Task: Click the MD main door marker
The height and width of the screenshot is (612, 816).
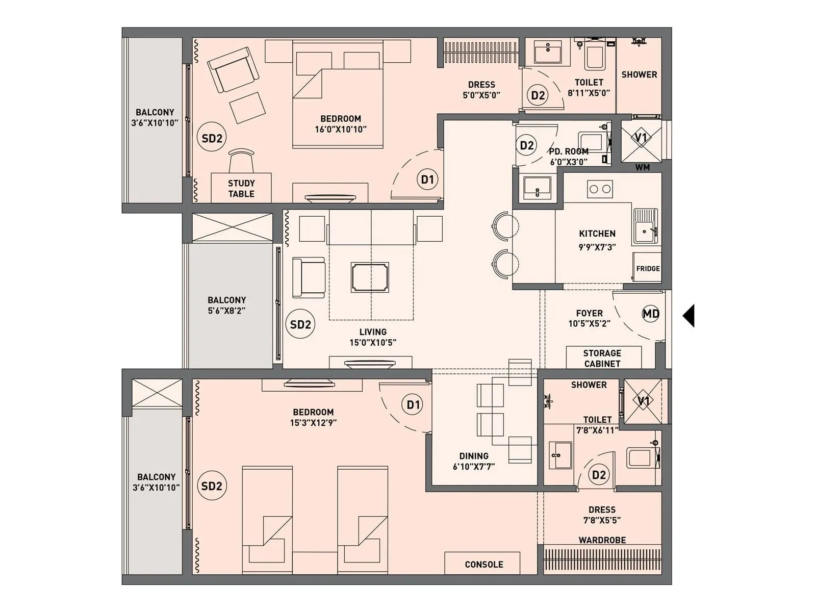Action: [x=651, y=314]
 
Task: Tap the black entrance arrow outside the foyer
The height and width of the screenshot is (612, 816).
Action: [x=689, y=316]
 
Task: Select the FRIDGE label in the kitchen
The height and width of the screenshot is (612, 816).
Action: [x=648, y=269]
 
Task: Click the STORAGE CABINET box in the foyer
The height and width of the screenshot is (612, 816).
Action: [x=602, y=358]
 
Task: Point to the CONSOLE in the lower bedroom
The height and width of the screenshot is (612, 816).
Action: [x=483, y=564]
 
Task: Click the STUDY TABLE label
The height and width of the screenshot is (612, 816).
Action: [x=241, y=188]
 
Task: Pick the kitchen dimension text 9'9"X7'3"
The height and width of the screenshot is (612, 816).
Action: [x=597, y=247]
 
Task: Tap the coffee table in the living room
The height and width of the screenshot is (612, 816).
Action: [x=370, y=277]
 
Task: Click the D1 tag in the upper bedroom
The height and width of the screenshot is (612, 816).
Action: [x=427, y=180]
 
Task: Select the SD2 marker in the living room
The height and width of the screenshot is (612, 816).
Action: [x=300, y=324]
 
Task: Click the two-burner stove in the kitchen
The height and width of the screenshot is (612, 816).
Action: [x=600, y=189]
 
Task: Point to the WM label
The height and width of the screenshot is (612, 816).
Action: [x=642, y=167]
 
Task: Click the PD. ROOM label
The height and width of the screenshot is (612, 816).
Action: [x=568, y=151]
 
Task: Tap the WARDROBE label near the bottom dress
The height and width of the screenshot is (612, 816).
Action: [x=602, y=540]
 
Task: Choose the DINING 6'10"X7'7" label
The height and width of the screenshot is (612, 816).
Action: [x=474, y=461]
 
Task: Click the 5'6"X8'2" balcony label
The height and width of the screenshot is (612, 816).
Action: [x=226, y=311]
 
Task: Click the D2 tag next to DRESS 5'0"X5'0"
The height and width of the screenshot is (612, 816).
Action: [x=538, y=95]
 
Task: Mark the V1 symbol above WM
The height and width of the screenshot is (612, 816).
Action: [x=641, y=138]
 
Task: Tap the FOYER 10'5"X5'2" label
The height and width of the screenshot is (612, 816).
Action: [x=589, y=318]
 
